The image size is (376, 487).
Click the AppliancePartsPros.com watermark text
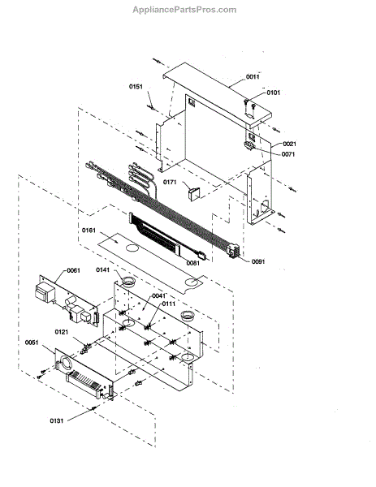pyautogui.click(x=184, y=10)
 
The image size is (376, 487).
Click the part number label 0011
pyautogui.click(x=253, y=77)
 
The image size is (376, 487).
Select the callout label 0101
pyautogui.click(x=273, y=93)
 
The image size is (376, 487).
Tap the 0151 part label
pyautogui.click(x=136, y=86)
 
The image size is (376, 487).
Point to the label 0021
pyautogui.click(x=289, y=144)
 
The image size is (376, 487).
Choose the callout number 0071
pyautogui.click(x=288, y=154)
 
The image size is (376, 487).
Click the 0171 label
pyautogui.click(x=170, y=182)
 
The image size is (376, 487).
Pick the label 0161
pyautogui.click(x=89, y=231)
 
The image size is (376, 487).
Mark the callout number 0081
pyautogui.click(x=193, y=263)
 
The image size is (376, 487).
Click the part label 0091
pyautogui.click(x=258, y=261)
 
